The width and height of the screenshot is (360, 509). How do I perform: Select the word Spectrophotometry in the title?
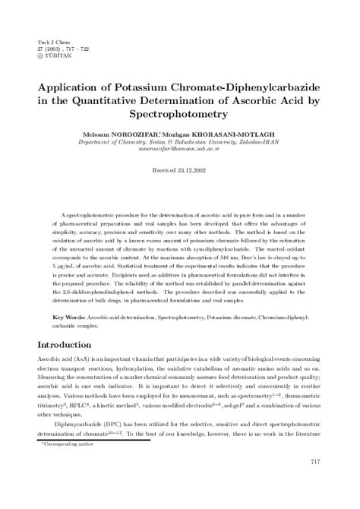180,113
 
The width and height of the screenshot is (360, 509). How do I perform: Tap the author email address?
180,149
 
